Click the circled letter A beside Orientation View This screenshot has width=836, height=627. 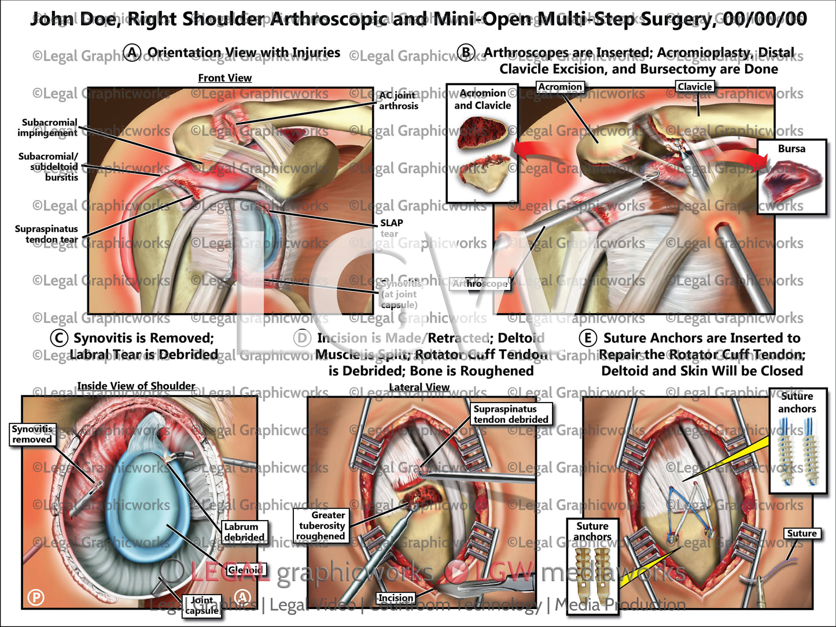pos(132,53)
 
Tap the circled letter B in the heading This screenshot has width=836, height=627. pos(466,53)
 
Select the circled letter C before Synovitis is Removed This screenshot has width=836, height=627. pos(58,338)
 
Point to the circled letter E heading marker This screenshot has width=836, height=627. pos(588,338)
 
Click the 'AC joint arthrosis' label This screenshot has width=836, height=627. pos(398,101)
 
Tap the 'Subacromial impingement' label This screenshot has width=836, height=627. pos(48,127)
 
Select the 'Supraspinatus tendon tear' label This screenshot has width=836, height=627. pos(46,234)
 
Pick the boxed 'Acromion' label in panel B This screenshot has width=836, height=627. pos(559,87)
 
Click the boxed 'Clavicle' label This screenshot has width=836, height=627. pos(694,87)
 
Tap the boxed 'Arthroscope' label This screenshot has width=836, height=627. pos(480,283)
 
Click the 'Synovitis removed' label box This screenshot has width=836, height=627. pos(32,434)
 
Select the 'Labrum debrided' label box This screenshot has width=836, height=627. pos(244,532)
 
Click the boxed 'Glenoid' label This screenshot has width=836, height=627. pos(246,570)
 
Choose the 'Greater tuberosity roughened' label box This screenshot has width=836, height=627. pos(321,525)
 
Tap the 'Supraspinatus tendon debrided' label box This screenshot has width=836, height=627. pos(510,414)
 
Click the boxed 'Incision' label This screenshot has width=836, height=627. pos(396,598)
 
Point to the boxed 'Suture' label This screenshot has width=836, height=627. pos(802,533)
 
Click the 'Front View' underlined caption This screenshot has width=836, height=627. pos(224,78)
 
